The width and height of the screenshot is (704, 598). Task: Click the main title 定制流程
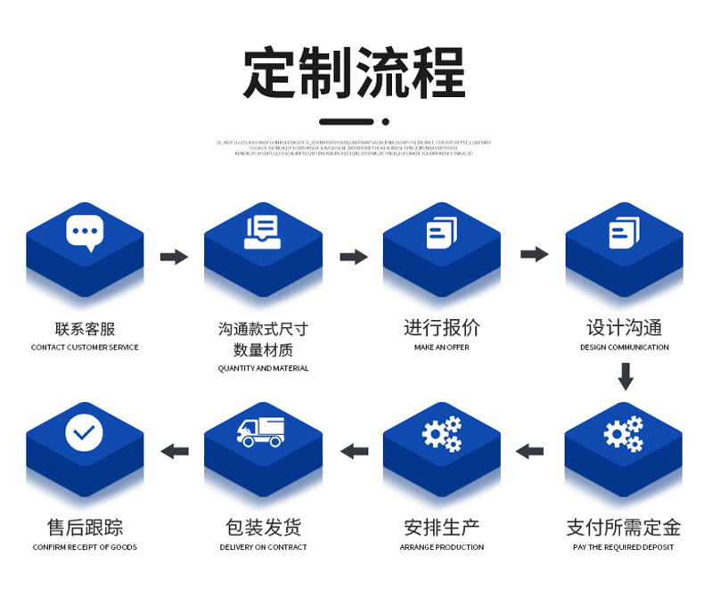coord(354,73)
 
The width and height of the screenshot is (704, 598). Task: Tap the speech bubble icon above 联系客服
coord(85,233)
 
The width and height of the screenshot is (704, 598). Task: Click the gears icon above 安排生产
coord(442,433)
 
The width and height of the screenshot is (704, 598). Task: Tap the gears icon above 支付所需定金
coord(624,433)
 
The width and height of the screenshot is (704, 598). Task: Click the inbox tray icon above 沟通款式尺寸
coord(263,233)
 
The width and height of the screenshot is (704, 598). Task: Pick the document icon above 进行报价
coord(442,233)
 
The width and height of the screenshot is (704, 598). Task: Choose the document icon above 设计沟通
coord(624,233)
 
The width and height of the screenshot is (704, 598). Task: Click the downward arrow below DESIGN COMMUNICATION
coord(626,378)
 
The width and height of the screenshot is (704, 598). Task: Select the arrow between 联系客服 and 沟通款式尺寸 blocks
coord(174,258)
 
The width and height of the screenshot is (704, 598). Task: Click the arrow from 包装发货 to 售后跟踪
coord(174,451)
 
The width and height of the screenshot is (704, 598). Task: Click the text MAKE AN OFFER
coord(441,348)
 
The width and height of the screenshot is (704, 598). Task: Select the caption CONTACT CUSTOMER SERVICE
coord(85,348)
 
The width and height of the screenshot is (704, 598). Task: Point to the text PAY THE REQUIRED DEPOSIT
coord(623,547)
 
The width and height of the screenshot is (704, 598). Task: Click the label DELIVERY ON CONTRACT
coord(263,547)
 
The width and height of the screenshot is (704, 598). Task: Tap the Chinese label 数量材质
coord(263,350)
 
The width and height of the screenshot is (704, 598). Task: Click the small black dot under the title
coord(385,121)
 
